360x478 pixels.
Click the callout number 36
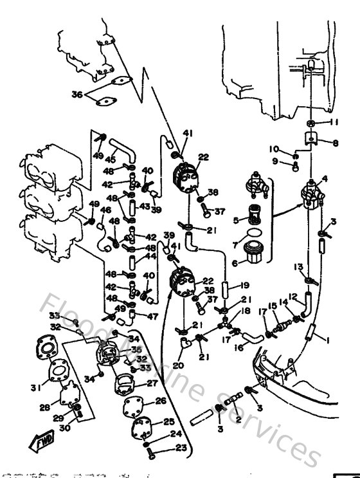click(76, 94)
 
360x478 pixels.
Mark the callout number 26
click(161, 402)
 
